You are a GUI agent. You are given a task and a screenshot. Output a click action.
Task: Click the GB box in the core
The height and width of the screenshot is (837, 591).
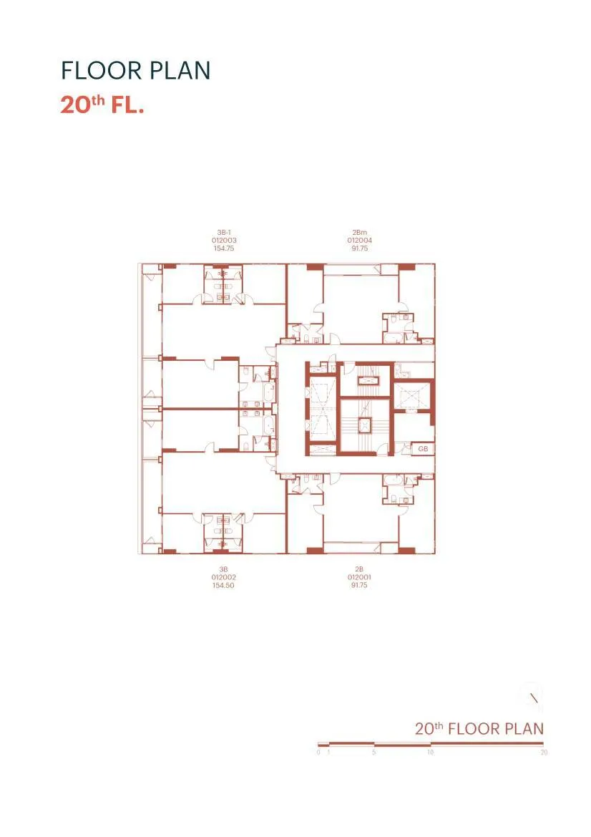pyautogui.click(x=424, y=449)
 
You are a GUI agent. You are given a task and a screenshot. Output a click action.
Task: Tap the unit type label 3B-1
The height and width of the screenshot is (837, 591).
pyautogui.click(x=223, y=233)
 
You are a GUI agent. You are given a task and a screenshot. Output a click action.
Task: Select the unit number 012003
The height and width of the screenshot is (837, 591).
pyautogui.click(x=223, y=241)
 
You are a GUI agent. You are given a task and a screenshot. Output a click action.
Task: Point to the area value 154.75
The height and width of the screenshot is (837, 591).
pyautogui.click(x=223, y=248)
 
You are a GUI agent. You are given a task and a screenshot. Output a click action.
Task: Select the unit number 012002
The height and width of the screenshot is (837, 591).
pyautogui.click(x=223, y=577)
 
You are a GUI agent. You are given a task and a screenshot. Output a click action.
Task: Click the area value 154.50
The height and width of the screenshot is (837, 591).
pyautogui.click(x=223, y=585)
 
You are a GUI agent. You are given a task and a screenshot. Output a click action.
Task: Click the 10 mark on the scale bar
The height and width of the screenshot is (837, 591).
pyautogui.click(x=430, y=753)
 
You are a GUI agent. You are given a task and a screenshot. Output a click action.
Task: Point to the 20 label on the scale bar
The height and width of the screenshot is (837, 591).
pyautogui.click(x=544, y=753)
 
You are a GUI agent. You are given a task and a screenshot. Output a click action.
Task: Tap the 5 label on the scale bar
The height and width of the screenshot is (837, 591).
pyautogui.click(x=374, y=753)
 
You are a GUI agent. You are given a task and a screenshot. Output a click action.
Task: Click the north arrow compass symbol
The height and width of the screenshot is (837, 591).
pyautogui.click(x=533, y=695)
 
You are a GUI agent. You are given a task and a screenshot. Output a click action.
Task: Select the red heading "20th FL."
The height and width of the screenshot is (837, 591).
pyautogui.click(x=102, y=105)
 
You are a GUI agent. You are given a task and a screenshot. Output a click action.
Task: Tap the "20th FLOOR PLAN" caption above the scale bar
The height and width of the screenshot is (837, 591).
pyautogui.click(x=479, y=729)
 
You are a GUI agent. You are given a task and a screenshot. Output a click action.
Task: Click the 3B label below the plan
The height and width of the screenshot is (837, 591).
pyautogui.click(x=223, y=569)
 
